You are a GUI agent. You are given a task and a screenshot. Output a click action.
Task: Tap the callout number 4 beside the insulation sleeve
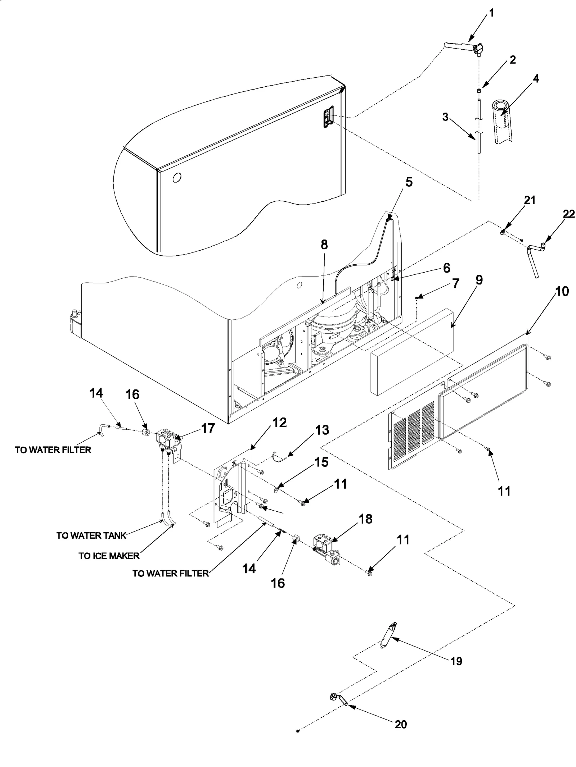coord(536,78)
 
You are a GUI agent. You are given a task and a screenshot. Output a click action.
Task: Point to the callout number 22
coord(569,214)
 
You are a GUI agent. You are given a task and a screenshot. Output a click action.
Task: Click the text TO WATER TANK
coord(91,535)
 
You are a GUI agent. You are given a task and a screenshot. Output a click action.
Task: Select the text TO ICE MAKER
coord(109,556)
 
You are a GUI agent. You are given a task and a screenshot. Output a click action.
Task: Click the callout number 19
coord(456,661)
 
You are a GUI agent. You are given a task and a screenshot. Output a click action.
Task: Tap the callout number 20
coord(400,724)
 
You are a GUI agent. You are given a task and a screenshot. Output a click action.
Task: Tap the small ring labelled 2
coord(479,91)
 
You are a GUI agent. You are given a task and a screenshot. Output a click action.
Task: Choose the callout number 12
coord(279,423)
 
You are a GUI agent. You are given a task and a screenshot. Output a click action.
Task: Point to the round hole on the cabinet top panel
coord(177,177)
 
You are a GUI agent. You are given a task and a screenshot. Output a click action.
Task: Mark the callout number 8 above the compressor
coord(324,245)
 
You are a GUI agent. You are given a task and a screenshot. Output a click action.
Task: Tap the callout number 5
coord(409,182)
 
